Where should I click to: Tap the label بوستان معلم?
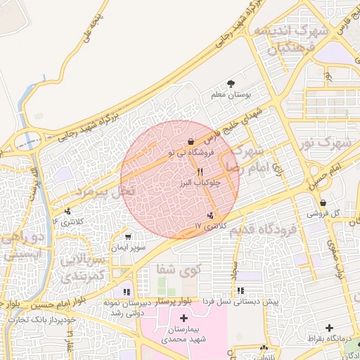231,94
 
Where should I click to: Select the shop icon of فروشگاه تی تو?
192,141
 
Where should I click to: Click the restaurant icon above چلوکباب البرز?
200,172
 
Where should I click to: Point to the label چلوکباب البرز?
201,182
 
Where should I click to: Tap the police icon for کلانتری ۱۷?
210,216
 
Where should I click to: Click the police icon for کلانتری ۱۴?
67,211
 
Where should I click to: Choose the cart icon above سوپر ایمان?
127,237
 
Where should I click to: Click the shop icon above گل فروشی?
323,202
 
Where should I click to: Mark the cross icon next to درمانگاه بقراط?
329,328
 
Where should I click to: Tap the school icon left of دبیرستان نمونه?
127,291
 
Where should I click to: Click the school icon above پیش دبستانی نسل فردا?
240,290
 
